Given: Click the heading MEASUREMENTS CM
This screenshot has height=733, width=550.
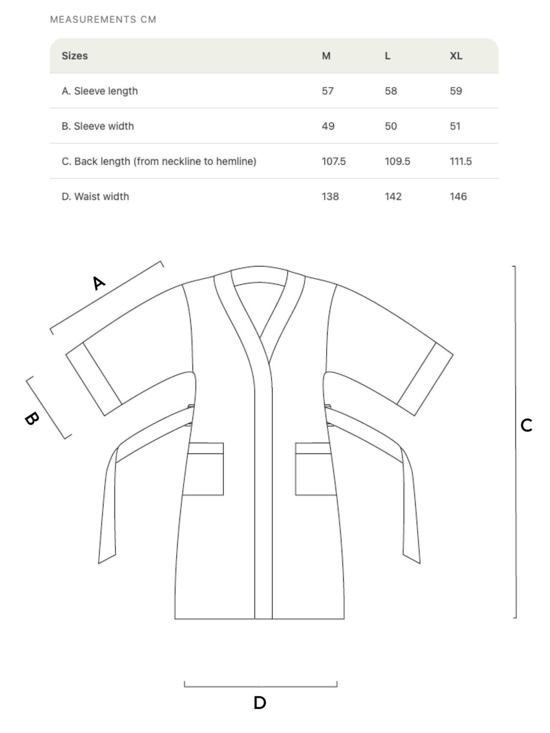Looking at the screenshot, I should [103, 20].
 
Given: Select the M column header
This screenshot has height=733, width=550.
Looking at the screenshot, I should [326, 56].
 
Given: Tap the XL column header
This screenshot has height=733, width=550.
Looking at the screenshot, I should [456, 56].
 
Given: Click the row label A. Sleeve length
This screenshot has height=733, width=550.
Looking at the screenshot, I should [100, 91].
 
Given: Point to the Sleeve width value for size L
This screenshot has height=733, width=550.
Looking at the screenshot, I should [391, 126].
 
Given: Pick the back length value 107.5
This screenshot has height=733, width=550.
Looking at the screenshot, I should [333, 161].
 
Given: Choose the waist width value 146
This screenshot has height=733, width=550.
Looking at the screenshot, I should [458, 196].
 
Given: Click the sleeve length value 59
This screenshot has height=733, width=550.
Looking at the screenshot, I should [456, 91].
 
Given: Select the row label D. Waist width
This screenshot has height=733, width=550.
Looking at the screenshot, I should [95, 196].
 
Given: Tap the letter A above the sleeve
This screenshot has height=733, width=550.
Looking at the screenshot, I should [98, 283].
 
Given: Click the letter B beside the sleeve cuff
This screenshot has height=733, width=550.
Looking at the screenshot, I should [32, 418].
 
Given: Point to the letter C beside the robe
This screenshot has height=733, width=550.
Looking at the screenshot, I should [526, 425].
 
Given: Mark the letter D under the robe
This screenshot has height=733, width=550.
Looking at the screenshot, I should [260, 703].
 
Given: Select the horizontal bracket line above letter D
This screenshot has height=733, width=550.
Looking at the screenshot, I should [260, 686].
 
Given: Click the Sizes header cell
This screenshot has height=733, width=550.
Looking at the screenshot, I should [75, 56].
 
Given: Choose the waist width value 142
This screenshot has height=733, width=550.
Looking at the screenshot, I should [393, 196].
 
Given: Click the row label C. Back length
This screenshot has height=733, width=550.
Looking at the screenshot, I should [159, 161].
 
